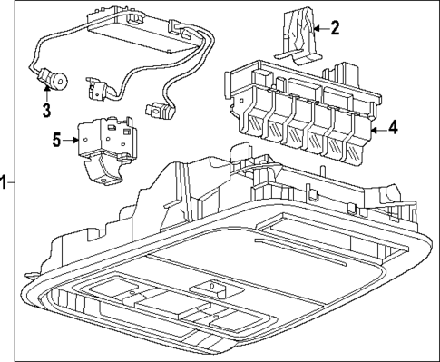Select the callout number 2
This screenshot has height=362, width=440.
[336, 27]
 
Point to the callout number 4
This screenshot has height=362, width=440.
[394, 129]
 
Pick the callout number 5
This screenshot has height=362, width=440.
[54, 140]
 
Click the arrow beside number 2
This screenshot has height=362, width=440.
[318, 28]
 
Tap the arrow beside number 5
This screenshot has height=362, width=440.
[71, 141]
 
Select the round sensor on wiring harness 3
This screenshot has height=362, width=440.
[58, 82]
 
